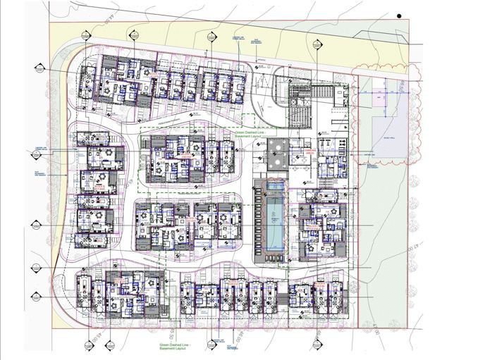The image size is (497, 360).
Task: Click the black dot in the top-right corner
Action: click(398, 13)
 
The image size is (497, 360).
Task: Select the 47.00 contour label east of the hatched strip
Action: click(408, 250)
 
